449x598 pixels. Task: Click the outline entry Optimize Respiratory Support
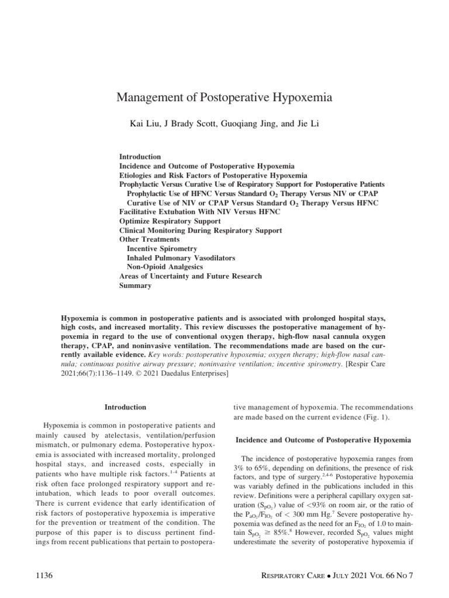coord(170,221)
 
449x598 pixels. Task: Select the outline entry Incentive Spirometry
coord(161,249)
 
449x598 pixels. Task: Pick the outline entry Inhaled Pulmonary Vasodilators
coord(174,258)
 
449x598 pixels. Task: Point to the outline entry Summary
coord(135,286)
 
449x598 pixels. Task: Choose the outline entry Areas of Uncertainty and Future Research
coord(191,276)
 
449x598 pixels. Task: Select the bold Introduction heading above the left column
coord(125,406)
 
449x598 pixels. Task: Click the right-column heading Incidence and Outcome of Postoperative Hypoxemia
coord(323,439)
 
